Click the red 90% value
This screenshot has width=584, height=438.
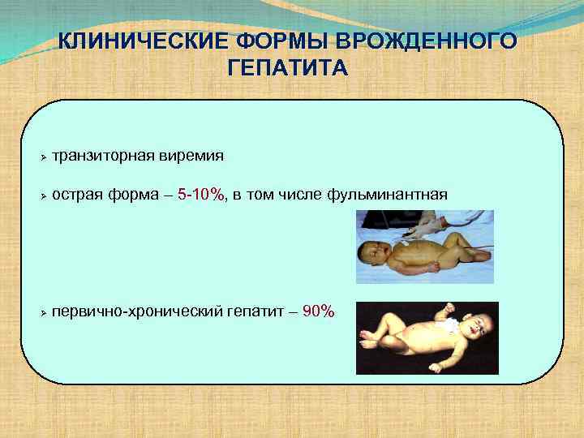pyautogui.click(x=317, y=311)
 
